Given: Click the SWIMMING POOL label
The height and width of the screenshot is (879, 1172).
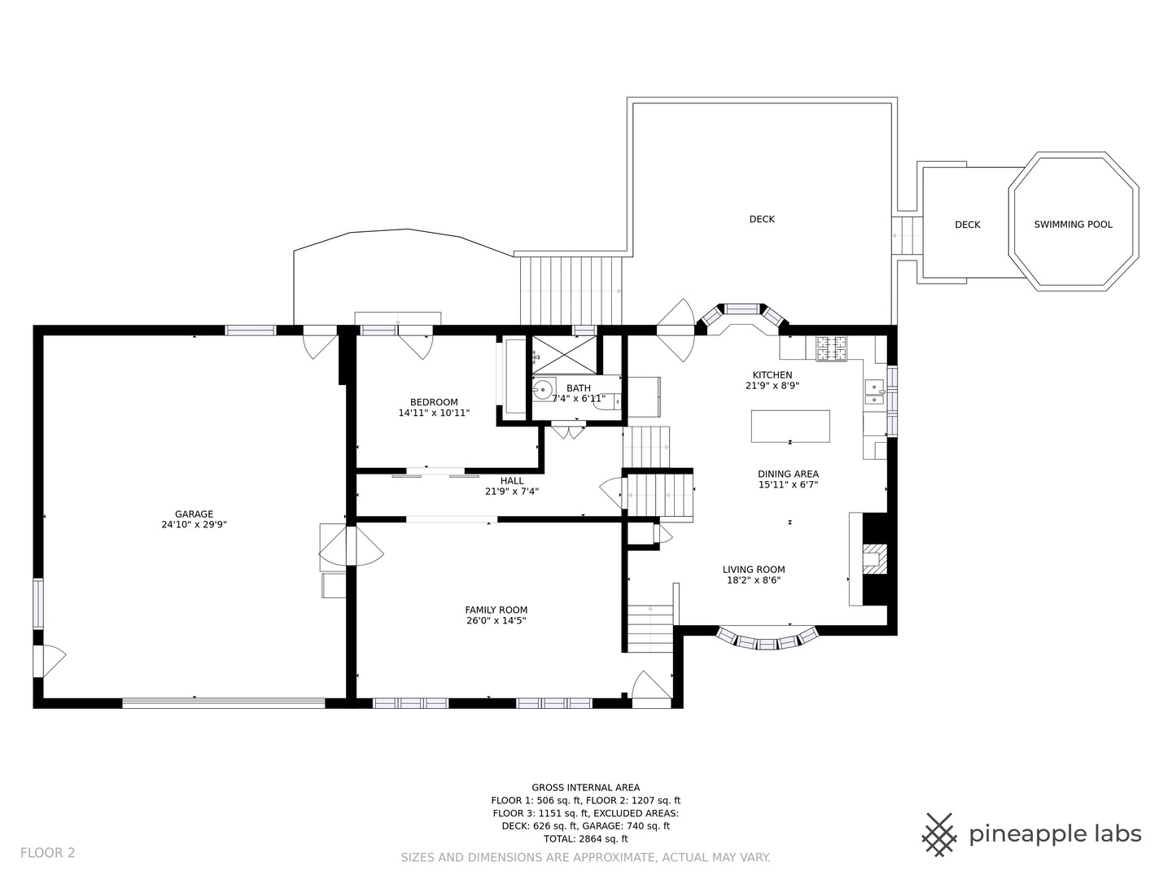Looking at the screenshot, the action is [1073, 225].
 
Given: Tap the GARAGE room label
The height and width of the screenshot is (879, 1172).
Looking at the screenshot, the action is [194, 514].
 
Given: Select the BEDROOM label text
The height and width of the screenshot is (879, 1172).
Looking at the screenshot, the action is [434, 402].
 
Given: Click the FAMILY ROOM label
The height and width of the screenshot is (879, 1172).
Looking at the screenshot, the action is [496, 610].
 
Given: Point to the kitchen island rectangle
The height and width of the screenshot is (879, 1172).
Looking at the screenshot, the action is [790, 426].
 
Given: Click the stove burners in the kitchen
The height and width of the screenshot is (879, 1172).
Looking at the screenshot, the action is [831, 348].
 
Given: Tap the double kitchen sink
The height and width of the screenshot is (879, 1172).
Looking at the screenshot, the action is [874, 392].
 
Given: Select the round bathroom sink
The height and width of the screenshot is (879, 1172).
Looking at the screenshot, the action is [543, 389].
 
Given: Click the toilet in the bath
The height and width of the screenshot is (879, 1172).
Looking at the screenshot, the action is [607, 400].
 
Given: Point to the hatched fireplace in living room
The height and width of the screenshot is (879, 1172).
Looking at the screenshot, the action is [875, 559].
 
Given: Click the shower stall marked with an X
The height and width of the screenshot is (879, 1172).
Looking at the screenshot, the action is [564, 355].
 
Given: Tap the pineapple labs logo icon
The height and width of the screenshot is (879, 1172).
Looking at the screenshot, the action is [939, 835].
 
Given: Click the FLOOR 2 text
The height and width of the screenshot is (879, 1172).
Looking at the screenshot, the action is [47, 853].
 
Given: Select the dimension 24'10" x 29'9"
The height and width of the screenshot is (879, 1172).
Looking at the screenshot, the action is [194, 525].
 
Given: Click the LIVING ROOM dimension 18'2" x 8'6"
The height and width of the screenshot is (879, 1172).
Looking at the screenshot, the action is [754, 580].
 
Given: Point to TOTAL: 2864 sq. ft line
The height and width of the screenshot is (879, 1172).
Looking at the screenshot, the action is [586, 838].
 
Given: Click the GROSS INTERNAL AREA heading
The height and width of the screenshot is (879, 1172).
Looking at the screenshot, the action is [586, 787].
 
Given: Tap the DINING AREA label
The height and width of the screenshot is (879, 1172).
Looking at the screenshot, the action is [788, 474].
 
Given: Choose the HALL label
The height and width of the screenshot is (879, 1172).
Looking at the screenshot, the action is [512, 481].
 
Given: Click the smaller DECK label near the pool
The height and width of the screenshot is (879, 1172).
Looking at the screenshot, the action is [968, 225].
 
